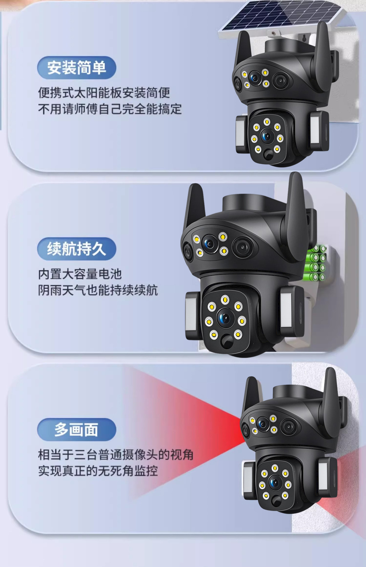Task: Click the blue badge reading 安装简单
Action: pyautogui.click(x=76, y=68)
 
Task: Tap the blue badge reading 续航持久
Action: pyautogui.click(x=76, y=249)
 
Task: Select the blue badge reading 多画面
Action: pyautogui.click(x=76, y=430)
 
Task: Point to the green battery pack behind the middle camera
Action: pyautogui.click(x=316, y=263)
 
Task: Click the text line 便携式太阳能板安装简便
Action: pyautogui.click(x=104, y=93)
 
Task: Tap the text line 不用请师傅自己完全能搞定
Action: pyautogui.click(x=110, y=109)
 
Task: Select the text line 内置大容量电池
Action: pyautogui.click(x=80, y=274)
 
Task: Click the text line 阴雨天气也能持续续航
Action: pyautogui.click(x=98, y=290)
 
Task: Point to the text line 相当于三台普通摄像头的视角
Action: pyautogui.click(x=116, y=455)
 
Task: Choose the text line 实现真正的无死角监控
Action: pyautogui.click(x=98, y=471)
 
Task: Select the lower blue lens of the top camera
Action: pyautogui.click(x=267, y=136)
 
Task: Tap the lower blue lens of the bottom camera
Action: pyautogui.click(x=274, y=483)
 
